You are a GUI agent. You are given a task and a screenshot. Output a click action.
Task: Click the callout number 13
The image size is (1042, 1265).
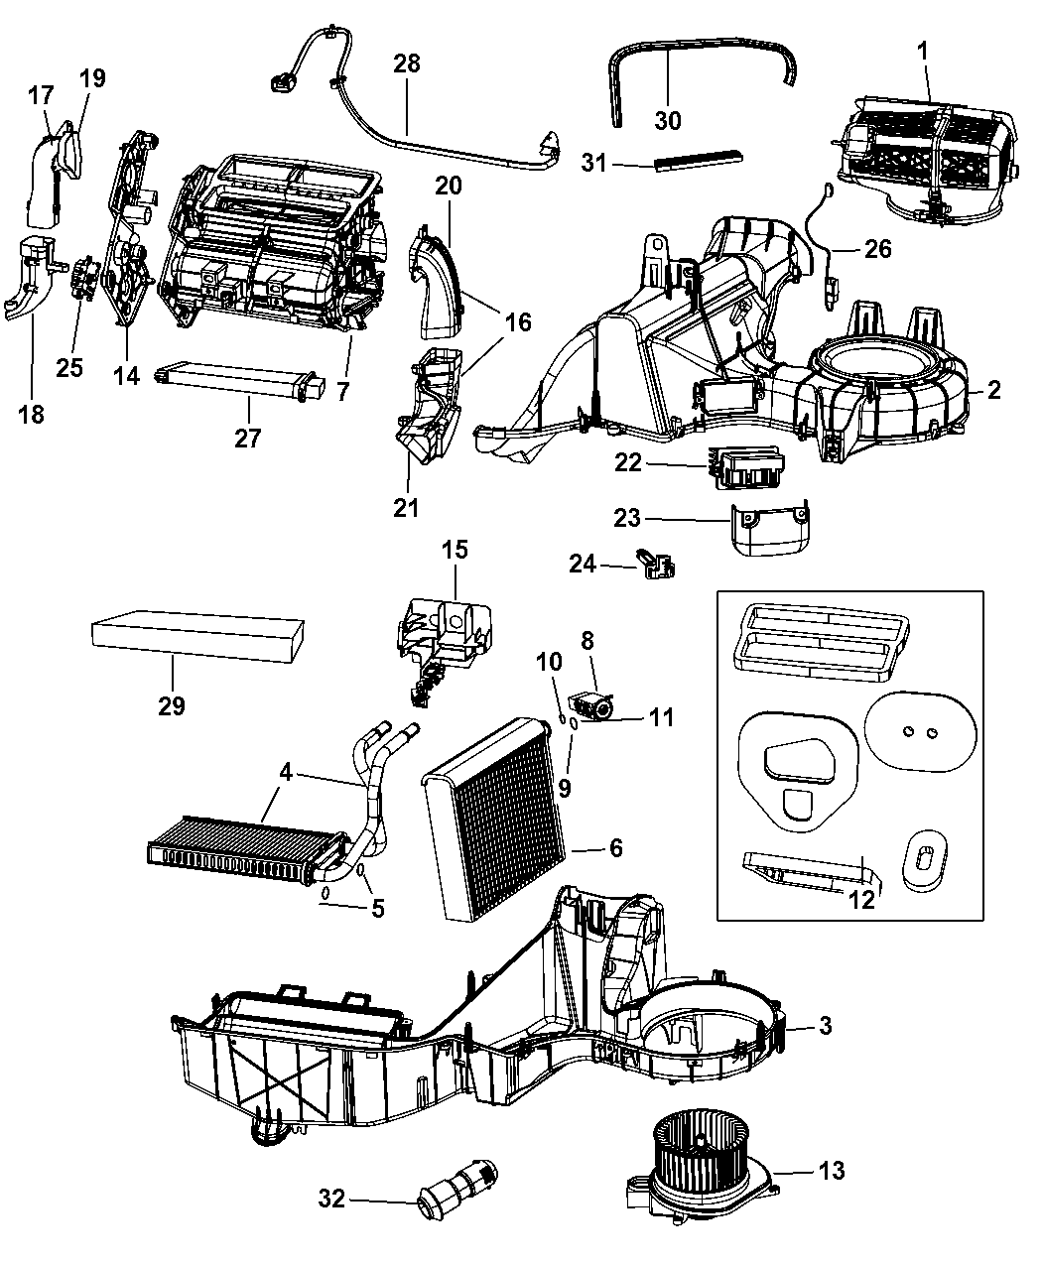pyautogui.click(x=832, y=1171)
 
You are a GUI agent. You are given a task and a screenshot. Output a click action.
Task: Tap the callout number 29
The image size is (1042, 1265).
pyautogui.click(x=172, y=706)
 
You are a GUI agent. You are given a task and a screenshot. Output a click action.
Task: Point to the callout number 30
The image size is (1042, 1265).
pyautogui.click(x=669, y=120)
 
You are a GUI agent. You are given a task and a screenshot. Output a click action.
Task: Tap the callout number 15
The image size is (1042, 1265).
pyautogui.click(x=456, y=550)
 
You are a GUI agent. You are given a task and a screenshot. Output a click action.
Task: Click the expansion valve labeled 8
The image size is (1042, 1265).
pyautogui.click(x=594, y=705)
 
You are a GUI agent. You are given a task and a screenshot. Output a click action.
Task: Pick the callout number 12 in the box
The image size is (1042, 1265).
pyautogui.click(x=862, y=899)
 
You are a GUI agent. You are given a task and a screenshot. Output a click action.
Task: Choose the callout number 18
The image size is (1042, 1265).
pyautogui.click(x=32, y=414)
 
